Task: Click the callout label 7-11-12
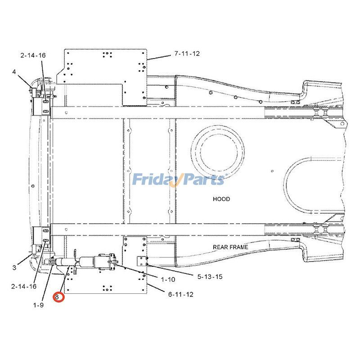tap(187, 54)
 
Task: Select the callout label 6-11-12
tap(181, 294)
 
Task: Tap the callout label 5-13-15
tap(210, 276)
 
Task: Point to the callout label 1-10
tap(168, 279)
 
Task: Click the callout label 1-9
tap(38, 305)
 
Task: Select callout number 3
tap(14, 267)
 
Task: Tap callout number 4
tap(14, 72)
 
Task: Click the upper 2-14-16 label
tap(33, 55)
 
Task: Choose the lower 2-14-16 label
tap(24, 286)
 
